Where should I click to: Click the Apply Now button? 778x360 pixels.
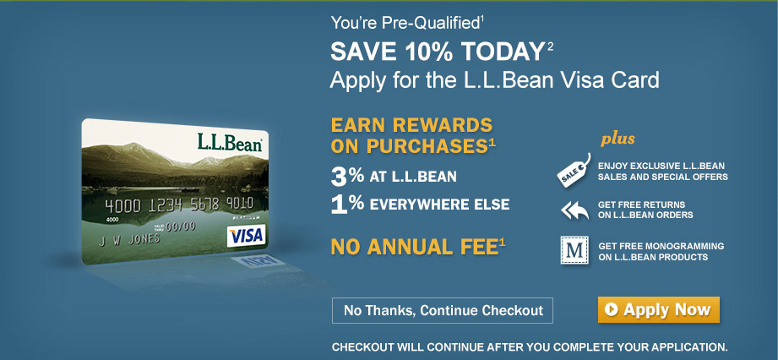658,310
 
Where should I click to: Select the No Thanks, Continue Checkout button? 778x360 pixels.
443,311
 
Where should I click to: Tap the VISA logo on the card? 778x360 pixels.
246,236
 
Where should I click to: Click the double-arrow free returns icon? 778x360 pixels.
574,210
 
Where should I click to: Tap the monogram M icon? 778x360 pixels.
574,250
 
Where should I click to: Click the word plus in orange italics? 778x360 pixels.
618,139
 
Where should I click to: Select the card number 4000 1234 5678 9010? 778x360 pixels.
179,204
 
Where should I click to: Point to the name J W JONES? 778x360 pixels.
129,240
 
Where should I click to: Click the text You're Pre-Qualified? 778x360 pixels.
405,23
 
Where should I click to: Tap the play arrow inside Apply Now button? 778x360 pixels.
612,310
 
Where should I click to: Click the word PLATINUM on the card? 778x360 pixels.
246,218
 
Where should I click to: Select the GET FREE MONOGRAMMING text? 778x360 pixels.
661,246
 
